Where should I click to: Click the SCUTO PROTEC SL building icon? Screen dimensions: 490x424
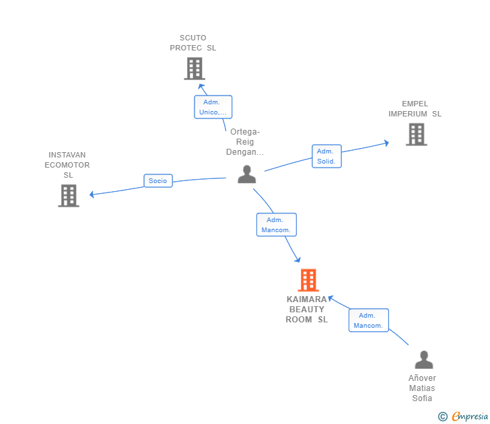pyautogui.click(x=195, y=69)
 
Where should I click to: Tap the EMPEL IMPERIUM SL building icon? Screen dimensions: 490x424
pyautogui.click(x=416, y=135)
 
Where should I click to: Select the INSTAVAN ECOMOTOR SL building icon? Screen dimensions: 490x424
pyautogui.click(x=69, y=196)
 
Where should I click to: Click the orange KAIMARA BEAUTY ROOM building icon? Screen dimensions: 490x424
pyautogui.click(x=308, y=280)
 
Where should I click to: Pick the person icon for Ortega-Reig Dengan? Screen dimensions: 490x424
pyautogui.click(x=247, y=174)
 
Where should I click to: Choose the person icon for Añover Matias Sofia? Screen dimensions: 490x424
pyautogui.click(x=424, y=359)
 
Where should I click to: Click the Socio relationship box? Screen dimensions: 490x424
pyautogui.click(x=158, y=180)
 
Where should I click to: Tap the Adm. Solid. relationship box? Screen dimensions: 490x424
pyautogui.click(x=326, y=156)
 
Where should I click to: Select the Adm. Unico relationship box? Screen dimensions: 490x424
pyautogui.click(x=213, y=107)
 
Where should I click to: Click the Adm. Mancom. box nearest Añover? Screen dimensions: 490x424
pyautogui.click(x=369, y=320)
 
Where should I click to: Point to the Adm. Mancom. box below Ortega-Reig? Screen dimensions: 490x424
pyautogui.click(x=277, y=225)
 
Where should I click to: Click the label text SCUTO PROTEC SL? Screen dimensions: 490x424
pyautogui.click(x=193, y=43)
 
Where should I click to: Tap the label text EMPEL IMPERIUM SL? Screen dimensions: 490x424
pyautogui.click(x=415, y=109)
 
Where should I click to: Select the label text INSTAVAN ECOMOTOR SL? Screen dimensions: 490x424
pyautogui.click(x=67, y=165)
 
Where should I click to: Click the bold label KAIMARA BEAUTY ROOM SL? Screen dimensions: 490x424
pyautogui.click(x=307, y=310)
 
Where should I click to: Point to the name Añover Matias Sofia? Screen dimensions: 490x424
pyautogui.click(x=422, y=388)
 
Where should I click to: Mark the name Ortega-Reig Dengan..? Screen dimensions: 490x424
pyautogui.click(x=245, y=142)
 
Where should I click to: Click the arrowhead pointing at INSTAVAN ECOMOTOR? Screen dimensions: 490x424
pyautogui.click(x=92, y=195)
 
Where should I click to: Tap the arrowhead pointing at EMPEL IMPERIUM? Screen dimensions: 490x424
pyautogui.click(x=387, y=143)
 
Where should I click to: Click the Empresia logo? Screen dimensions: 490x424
pyautogui.click(x=463, y=417)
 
